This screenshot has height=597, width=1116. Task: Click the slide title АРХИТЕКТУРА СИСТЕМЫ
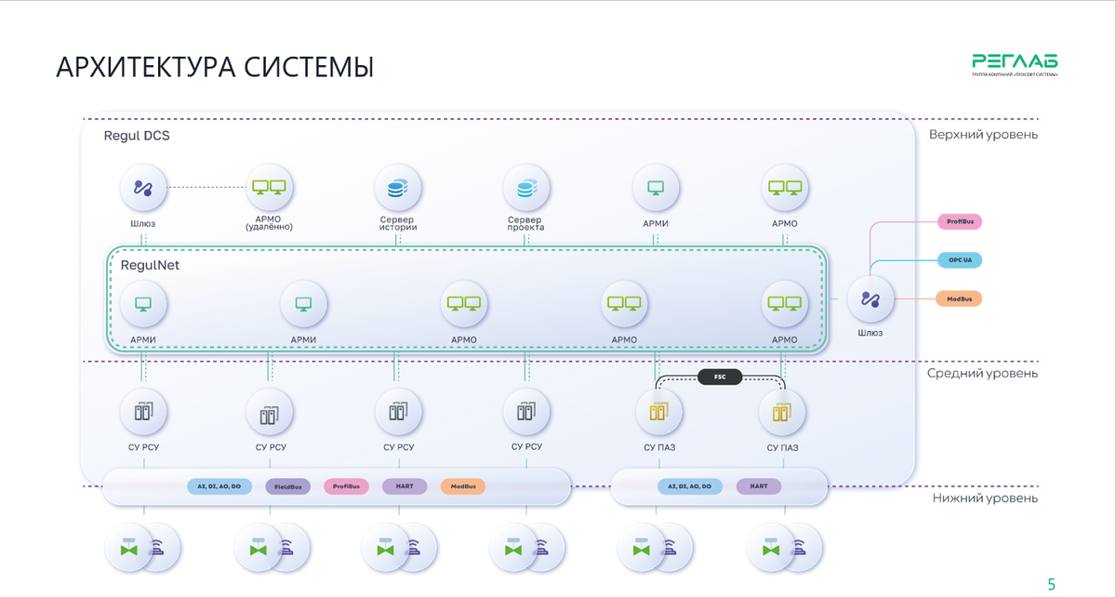point(215,68)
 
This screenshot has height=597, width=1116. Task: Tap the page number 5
point(1052,585)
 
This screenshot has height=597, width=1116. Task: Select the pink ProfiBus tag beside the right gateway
point(959,222)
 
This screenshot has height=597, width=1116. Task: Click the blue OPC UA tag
point(959,260)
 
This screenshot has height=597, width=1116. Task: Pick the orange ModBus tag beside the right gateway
point(959,298)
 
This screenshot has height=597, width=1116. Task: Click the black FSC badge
point(720,378)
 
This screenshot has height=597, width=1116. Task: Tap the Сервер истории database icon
point(397,190)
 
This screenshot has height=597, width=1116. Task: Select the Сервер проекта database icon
point(525,190)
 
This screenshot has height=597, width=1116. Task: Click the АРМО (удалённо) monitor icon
point(269,189)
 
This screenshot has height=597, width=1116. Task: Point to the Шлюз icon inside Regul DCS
point(142,189)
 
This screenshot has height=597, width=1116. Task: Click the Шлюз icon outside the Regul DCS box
point(870,299)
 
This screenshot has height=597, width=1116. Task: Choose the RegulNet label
point(150,265)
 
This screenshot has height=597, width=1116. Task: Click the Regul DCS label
point(136,136)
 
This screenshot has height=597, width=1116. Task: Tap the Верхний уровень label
point(982,135)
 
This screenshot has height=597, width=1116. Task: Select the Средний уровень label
point(982,373)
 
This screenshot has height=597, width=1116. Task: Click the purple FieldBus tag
point(287,486)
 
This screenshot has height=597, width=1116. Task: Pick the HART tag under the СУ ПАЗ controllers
point(759,486)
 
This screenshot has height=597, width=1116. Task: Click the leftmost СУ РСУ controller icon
point(144,412)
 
